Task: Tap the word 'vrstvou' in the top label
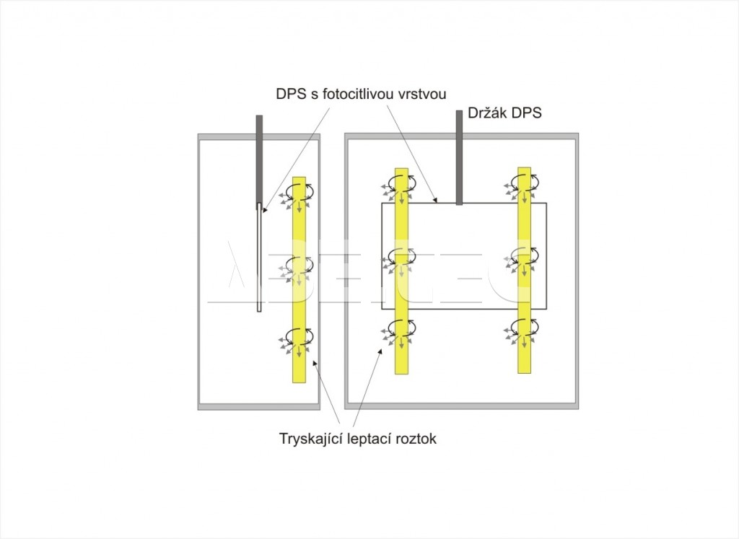422,95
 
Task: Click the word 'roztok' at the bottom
416,439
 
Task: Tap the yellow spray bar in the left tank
299,279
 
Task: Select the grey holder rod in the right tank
458,157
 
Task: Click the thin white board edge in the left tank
259,257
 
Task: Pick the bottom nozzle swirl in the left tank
299,340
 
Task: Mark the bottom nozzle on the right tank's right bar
524,332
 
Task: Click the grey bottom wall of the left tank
259,407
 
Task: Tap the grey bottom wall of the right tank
461,406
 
